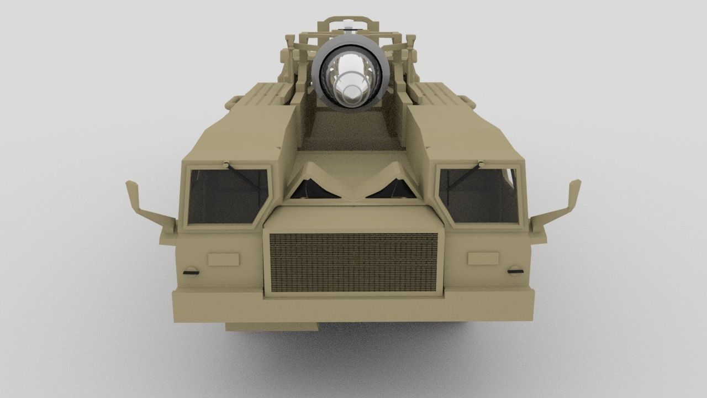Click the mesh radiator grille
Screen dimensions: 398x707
click(x=353, y=263)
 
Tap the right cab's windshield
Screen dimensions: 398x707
click(x=479, y=196)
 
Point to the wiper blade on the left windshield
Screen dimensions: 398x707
click(x=243, y=177)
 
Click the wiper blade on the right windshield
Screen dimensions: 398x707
click(x=464, y=177)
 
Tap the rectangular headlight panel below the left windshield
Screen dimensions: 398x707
click(x=223, y=259)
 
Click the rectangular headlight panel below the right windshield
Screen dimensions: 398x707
click(x=483, y=259)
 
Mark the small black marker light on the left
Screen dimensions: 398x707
click(x=191, y=271)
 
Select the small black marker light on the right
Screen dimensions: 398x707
click(x=515, y=270)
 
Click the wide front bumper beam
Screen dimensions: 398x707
click(x=353, y=307)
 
